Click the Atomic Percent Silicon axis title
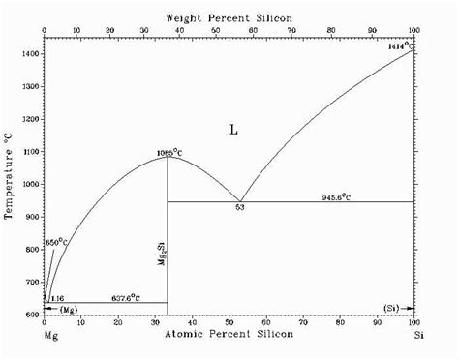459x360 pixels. point(229,335)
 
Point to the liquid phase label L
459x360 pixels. point(232,129)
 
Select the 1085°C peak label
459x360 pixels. point(170,152)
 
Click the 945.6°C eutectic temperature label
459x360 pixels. point(336,197)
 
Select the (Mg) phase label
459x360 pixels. point(68,309)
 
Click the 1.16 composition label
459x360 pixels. point(57,297)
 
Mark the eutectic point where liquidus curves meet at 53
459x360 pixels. point(239,201)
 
